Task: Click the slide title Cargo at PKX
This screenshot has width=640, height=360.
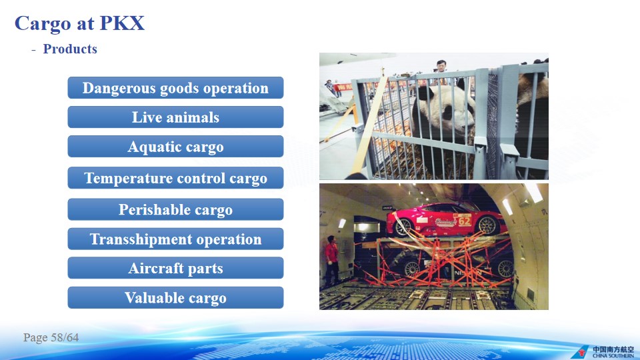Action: click(79, 24)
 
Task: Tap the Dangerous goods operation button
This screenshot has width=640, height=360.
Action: click(175, 88)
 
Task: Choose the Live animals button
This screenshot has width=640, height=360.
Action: click(175, 117)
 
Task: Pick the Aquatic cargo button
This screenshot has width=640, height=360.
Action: click(175, 147)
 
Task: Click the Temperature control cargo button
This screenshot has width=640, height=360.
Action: click(175, 178)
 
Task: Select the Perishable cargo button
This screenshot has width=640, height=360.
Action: click(175, 209)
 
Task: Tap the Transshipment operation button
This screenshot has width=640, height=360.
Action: click(175, 239)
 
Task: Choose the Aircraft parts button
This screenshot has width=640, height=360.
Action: click(175, 268)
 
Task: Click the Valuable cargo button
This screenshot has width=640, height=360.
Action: click(175, 297)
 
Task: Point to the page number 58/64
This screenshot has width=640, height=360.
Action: click(51, 337)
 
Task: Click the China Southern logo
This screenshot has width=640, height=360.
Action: click(603, 352)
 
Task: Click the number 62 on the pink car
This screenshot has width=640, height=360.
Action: click(465, 221)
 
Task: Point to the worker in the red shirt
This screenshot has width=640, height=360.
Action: click(331, 259)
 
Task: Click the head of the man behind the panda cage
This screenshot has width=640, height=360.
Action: click(441, 65)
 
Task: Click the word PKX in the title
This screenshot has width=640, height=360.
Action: click(122, 23)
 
